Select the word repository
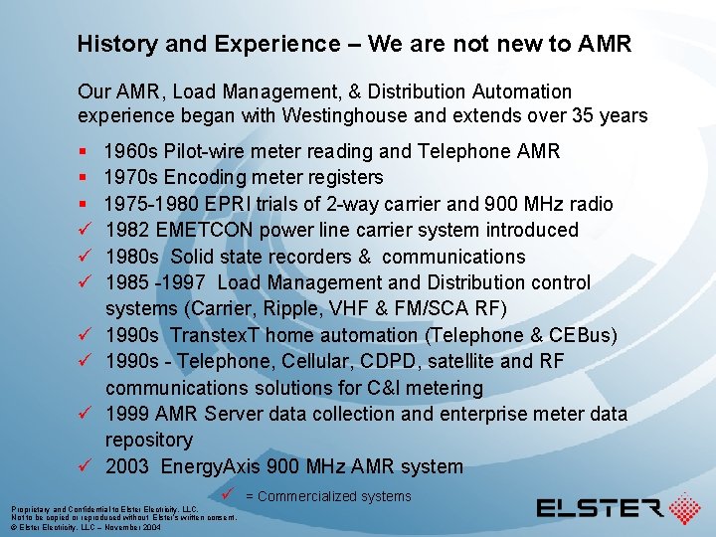[x=149, y=440]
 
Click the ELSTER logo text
[x=600, y=508]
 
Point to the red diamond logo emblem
[x=684, y=508]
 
